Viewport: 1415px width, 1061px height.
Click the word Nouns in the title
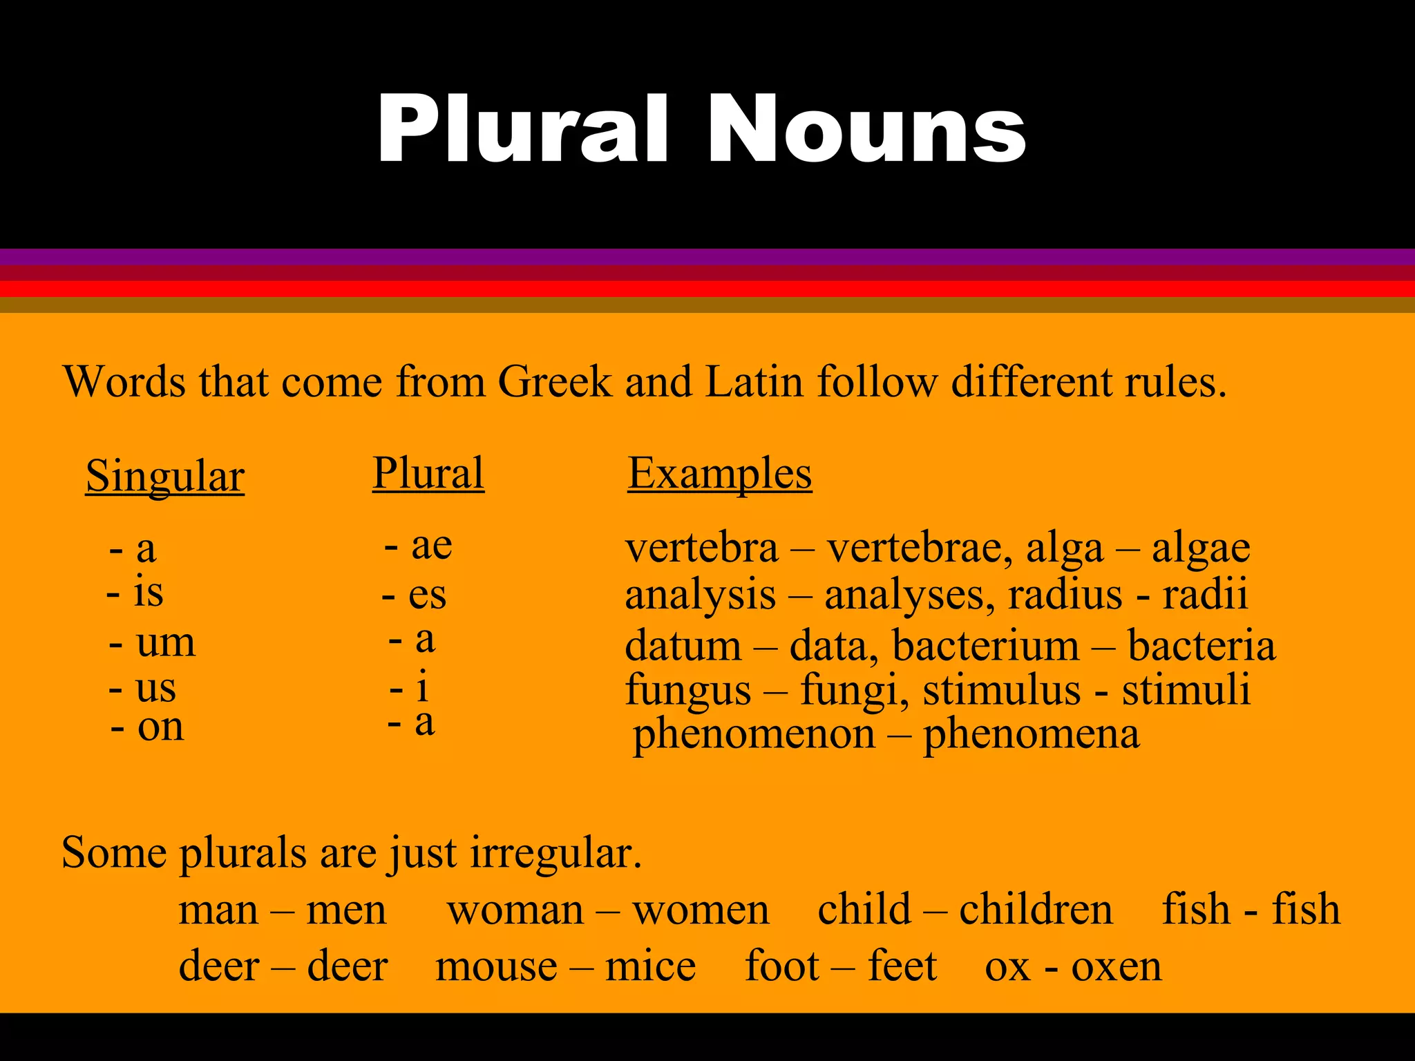866,130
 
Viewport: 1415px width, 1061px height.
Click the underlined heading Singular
165,476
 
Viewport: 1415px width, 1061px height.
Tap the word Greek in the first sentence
554,381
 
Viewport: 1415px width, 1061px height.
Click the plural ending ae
431,545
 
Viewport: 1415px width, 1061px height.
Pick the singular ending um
166,642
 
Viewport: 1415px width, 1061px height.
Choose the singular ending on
160,727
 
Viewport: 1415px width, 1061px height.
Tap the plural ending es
427,595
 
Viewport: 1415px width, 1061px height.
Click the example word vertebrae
920,548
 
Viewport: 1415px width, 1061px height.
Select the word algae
1201,549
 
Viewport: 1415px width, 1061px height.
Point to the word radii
1205,595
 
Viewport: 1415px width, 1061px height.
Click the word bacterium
985,646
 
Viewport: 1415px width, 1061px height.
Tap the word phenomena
1031,734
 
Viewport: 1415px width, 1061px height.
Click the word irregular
555,853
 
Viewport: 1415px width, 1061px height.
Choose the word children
1036,909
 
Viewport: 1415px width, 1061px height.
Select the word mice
650,966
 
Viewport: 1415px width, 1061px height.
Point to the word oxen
1117,967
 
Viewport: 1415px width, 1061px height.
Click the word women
701,910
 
